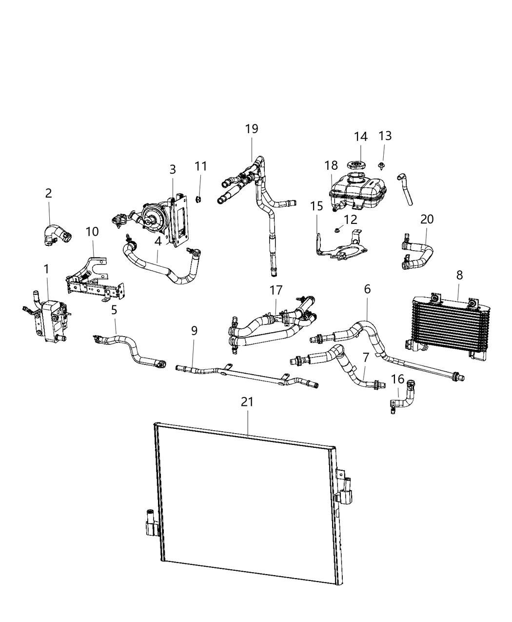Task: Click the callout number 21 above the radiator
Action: tap(247, 401)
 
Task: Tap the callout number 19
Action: tap(252, 129)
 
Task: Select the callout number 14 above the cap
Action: tap(361, 137)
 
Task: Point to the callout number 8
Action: tap(459, 275)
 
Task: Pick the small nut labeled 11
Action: tap(199, 199)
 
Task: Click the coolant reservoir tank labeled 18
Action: tap(356, 193)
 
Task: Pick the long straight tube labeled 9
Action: tap(244, 374)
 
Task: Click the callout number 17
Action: tap(276, 290)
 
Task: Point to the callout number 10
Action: tap(92, 231)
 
